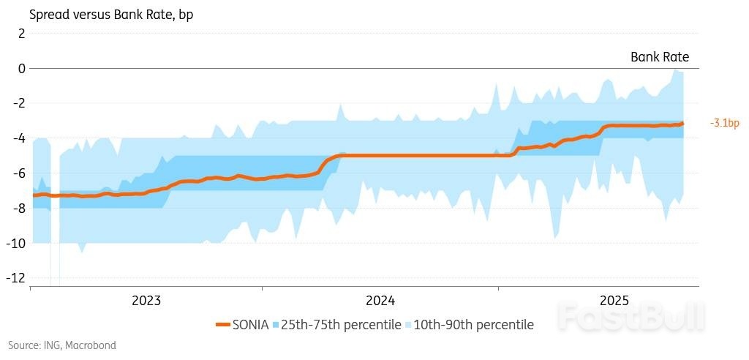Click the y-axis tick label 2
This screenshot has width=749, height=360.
click(x=21, y=34)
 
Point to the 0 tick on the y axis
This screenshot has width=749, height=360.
click(x=21, y=68)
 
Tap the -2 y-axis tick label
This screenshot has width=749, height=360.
click(x=19, y=103)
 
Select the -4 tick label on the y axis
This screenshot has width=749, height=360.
click(x=19, y=138)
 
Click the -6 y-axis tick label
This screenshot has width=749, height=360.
click(x=19, y=173)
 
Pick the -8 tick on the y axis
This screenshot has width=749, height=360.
click(x=19, y=209)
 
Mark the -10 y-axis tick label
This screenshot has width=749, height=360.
click(x=17, y=243)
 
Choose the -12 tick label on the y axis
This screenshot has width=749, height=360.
click(x=17, y=278)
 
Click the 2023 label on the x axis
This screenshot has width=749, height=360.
click(x=146, y=301)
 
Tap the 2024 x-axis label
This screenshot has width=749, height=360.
click(x=380, y=301)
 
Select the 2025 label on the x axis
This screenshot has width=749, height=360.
click(x=614, y=301)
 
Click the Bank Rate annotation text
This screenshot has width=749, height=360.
click(x=659, y=57)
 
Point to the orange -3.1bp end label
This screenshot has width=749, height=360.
click(x=724, y=123)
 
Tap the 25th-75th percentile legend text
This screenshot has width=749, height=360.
click(x=341, y=324)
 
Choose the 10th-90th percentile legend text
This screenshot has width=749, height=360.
click(x=473, y=324)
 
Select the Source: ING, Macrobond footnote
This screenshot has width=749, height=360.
click(x=62, y=345)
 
